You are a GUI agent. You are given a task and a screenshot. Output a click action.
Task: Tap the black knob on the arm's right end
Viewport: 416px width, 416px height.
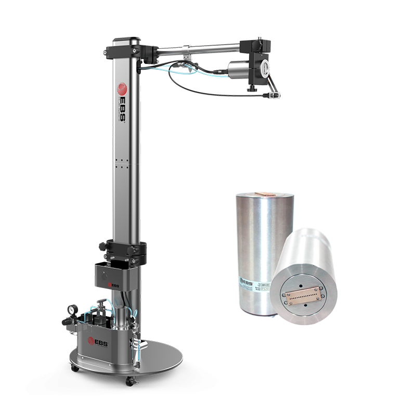coord(265,64)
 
